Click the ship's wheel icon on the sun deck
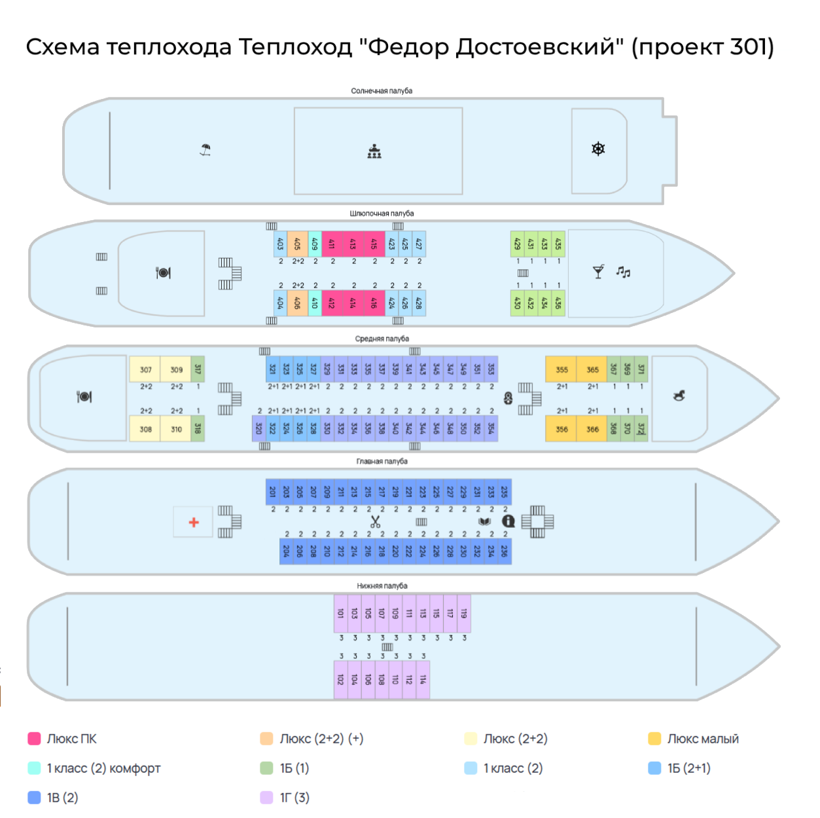pyautogui.click(x=598, y=149)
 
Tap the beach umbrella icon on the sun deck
pyautogui.click(x=205, y=150)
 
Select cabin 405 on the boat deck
pyautogui.click(x=297, y=244)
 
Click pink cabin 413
pyautogui.click(x=353, y=244)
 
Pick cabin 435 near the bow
pyautogui.click(x=558, y=244)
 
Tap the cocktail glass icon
pyautogui.click(x=598, y=272)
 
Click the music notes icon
pyautogui.click(x=623, y=272)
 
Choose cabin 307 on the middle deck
pyautogui.click(x=145, y=369)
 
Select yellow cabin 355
pyautogui.click(x=562, y=369)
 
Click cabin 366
pyautogui.click(x=592, y=430)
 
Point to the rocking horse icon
pyautogui.click(x=679, y=396)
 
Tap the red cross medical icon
pyautogui.click(x=194, y=522)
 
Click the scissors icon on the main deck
pyautogui.click(x=375, y=521)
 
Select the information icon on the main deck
pyautogui.click(x=508, y=521)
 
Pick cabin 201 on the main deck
pyautogui.click(x=273, y=492)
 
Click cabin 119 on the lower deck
pyautogui.click(x=464, y=614)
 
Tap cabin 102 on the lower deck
pyautogui.click(x=340, y=680)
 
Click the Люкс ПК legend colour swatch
pyautogui.click(x=35, y=739)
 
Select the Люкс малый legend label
pyautogui.click(x=703, y=739)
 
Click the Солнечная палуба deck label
pyautogui.click(x=382, y=91)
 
